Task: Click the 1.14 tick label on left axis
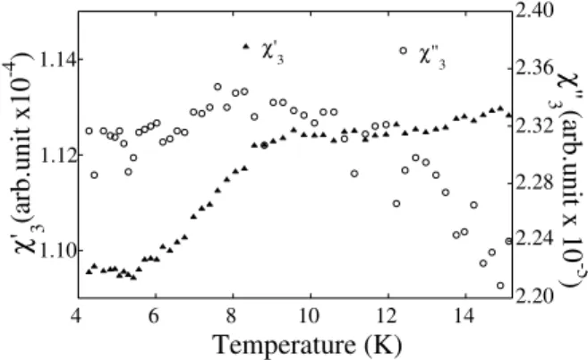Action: (x=56, y=59)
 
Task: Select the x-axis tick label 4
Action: (x=76, y=315)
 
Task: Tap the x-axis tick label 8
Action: (x=232, y=315)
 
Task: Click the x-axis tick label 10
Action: (x=311, y=315)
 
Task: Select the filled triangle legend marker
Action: (x=246, y=47)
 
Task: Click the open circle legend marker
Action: (x=403, y=51)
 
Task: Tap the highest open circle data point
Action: (x=217, y=87)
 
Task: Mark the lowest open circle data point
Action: (x=500, y=286)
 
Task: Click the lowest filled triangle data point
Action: (x=133, y=278)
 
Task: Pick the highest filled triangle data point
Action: (x=500, y=108)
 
